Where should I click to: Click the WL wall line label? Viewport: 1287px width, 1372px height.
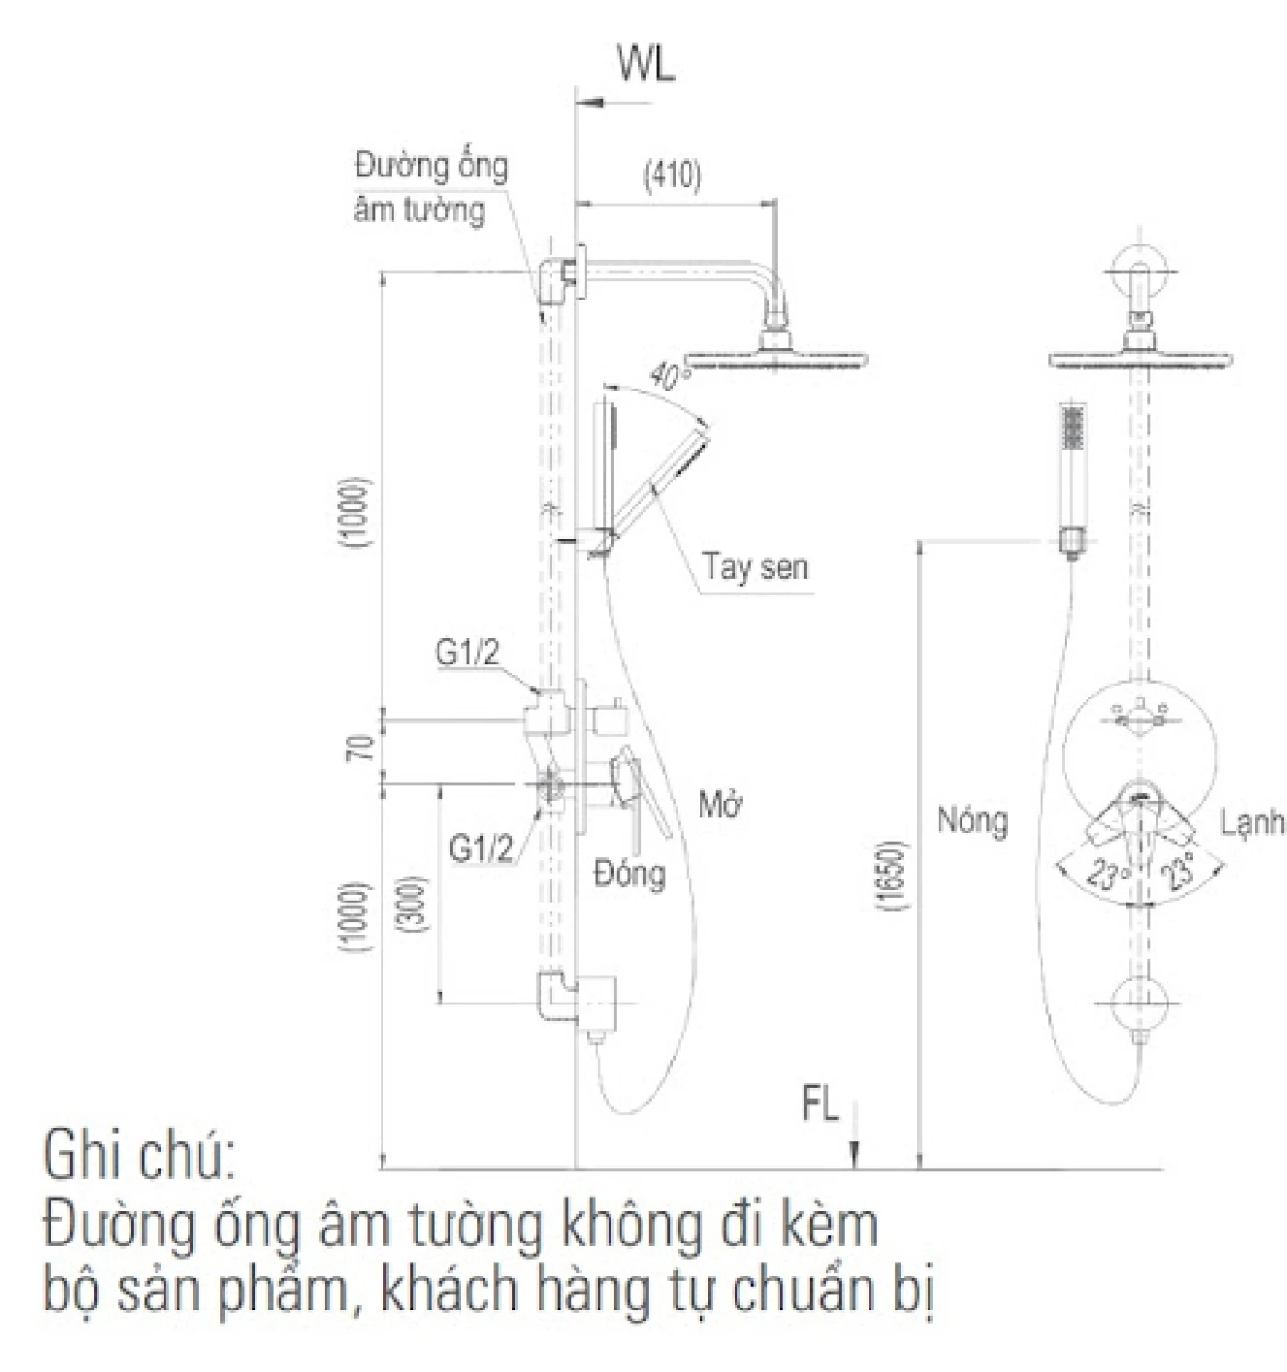645,66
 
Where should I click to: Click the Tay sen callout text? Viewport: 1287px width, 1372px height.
756,566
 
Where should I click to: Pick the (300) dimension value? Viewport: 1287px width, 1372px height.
414,905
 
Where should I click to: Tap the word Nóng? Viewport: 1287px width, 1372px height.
972,820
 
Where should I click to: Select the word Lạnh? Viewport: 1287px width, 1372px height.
1252,823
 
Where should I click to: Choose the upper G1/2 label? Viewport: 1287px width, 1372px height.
467,652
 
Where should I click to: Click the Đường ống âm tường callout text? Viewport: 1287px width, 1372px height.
430,187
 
